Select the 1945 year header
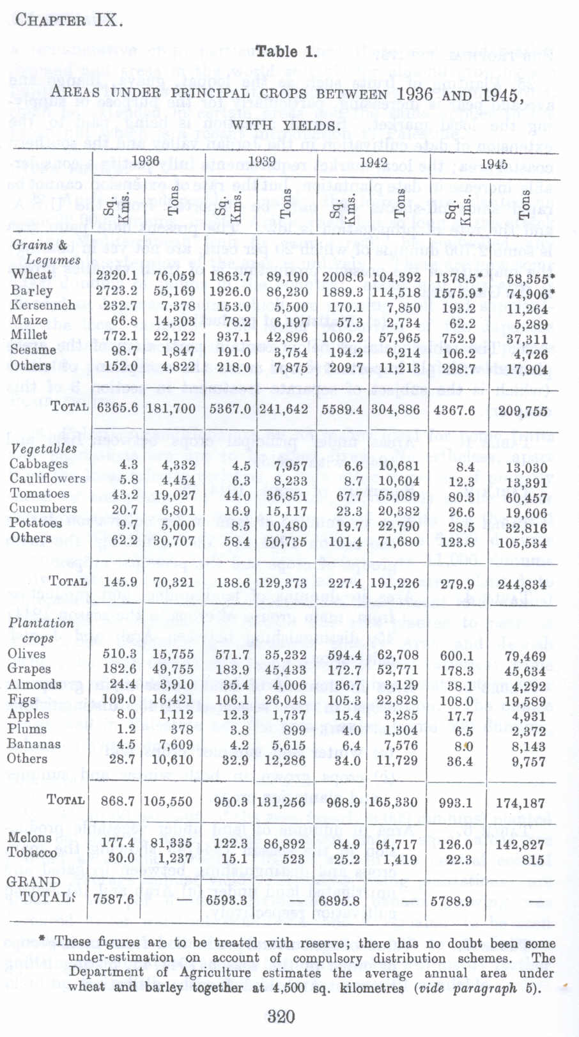pos(494,163)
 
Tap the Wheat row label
pos(31,274)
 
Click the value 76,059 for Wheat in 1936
pos(174,276)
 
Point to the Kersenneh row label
pos(42,305)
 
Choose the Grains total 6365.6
pos(117,408)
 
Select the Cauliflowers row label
pos(47,478)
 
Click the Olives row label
pos(27,653)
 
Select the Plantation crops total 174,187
pos(520,803)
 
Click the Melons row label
pos(29,838)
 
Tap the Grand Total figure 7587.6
pos(114,898)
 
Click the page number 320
pos(281,1017)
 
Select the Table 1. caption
pos(286,52)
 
